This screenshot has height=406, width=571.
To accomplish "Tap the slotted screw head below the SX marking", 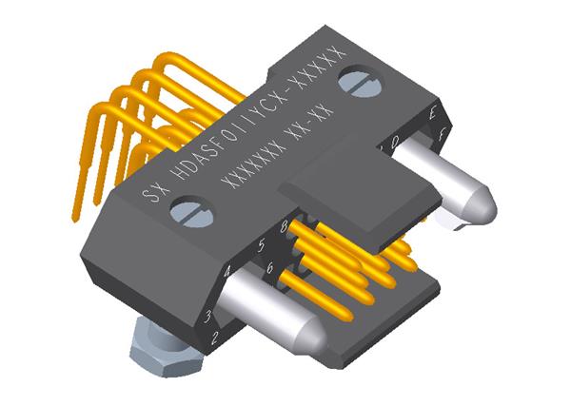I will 186,212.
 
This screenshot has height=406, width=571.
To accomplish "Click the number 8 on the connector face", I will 285,226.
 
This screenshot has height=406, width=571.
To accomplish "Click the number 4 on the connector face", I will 226,272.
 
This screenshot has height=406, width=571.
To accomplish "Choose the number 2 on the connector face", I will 216,337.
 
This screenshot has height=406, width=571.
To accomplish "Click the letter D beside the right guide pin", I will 394,142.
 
